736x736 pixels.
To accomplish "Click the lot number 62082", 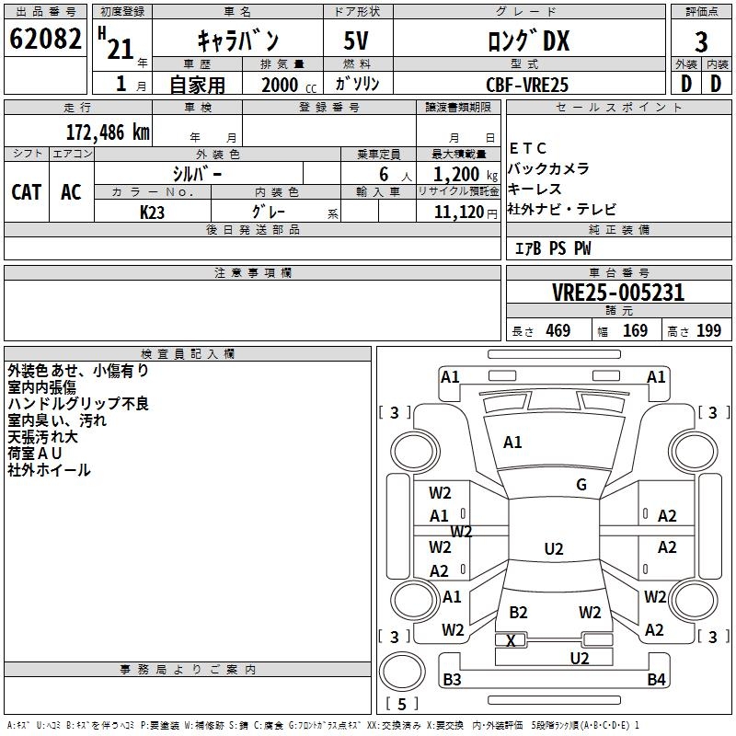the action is tap(45, 39).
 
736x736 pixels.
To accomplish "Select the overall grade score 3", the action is tap(701, 42).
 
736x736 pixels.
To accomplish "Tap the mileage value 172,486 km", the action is tap(108, 132).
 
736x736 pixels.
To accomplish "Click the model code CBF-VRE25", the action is tap(527, 85).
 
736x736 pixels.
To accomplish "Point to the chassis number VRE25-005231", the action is tap(618, 293).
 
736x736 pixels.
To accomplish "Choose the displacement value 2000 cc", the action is tap(289, 85).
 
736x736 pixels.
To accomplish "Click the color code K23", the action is tap(152, 213).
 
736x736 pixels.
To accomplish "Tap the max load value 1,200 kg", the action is tap(466, 175).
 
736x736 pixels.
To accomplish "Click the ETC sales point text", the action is tap(527, 148).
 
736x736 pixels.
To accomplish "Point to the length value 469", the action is tap(558, 330).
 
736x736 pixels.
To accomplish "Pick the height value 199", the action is tap(708, 330).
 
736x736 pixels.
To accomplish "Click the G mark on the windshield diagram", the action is tap(581, 485).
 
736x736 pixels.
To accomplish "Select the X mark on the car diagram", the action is tap(511, 640).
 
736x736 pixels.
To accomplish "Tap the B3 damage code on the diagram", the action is tap(452, 679).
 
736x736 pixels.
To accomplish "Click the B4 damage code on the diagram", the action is tap(656, 679).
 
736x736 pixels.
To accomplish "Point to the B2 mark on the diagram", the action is tap(518, 612).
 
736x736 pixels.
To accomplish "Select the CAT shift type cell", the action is tap(27, 192).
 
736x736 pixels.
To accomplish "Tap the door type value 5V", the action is tap(356, 40).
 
